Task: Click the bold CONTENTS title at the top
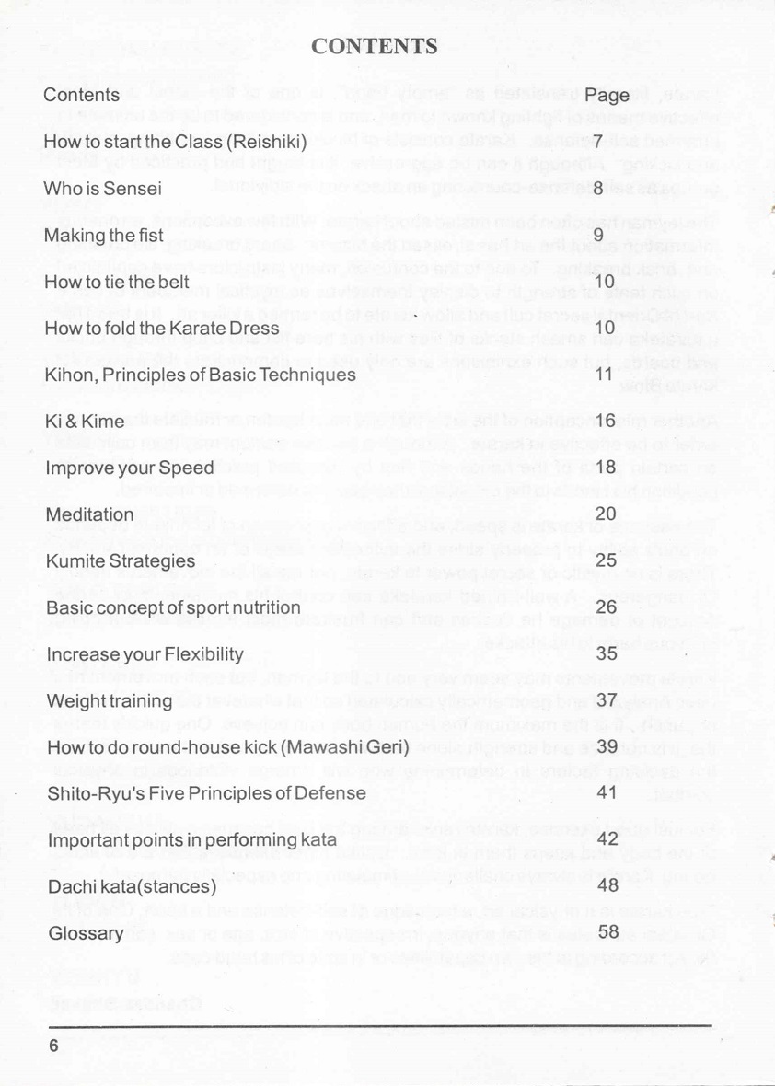pyautogui.click(x=374, y=47)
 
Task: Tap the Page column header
pyautogui.click(x=607, y=95)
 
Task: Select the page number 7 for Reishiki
pyautogui.click(x=597, y=142)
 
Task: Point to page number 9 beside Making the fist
pyautogui.click(x=597, y=236)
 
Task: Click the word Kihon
pyautogui.click(x=67, y=375)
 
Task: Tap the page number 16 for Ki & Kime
pyautogui.click(x=605, y=422)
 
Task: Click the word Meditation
pyautogui.click(x=87, y=514)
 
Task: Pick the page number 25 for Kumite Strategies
pyautogui.click(x=606, y=560)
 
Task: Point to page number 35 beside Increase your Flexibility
pyautogui.click(x=606, y=654)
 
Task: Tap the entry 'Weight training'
pyautogui.click(x=109, y=701)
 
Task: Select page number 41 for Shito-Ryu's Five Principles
pyautogui.click(x=606, y=793)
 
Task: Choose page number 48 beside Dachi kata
pyautogui.click(x=607, y=886)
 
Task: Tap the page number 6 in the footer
pyautogui.click(x=53, y=1046)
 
